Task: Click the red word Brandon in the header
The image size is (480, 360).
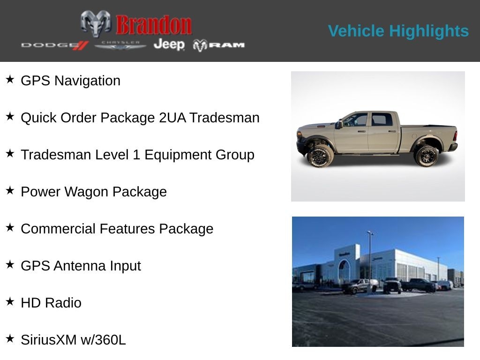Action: coord(154,25)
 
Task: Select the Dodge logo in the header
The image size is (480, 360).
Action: coord(54,45)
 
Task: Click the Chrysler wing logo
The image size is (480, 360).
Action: coord(120,45)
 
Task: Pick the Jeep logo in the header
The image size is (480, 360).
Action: coord(169,45)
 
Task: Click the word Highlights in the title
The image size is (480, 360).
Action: coord(428,31)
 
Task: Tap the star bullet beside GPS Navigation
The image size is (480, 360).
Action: coord(10,79)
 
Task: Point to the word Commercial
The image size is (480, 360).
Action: coord(52,229)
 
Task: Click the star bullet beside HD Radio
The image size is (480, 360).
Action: coord(10,301)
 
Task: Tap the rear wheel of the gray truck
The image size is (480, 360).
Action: coord(426,156)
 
